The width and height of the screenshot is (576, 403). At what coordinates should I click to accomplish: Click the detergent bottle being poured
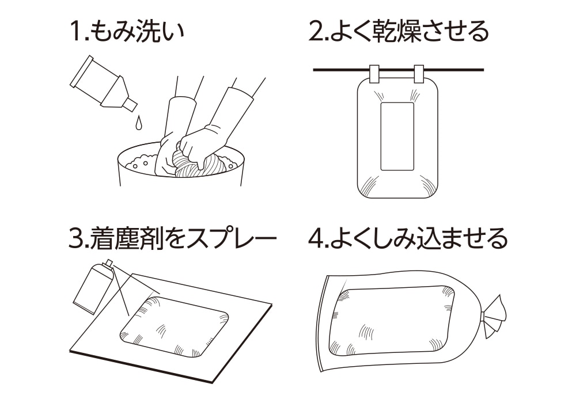(101, 82)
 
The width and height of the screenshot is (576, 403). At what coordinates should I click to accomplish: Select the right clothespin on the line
(419, 74)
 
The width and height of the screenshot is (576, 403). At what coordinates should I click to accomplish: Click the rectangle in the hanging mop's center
(397, 136)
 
